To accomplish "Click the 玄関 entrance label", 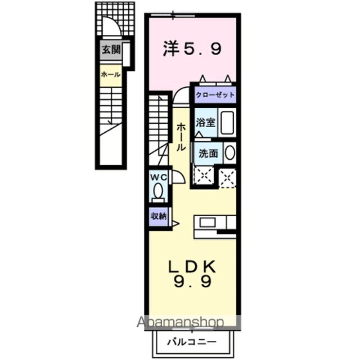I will coord(111,50).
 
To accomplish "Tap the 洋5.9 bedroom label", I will coord(192,49).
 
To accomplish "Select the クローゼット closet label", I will coord(215,94).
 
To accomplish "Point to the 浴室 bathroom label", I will coord(205,123).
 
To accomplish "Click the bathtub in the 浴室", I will coord(227,123).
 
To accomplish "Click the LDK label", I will coord(191,266).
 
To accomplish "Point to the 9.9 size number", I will coord(191,283).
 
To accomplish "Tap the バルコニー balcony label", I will coord(192,341).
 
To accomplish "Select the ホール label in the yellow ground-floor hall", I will coord(110,74).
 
